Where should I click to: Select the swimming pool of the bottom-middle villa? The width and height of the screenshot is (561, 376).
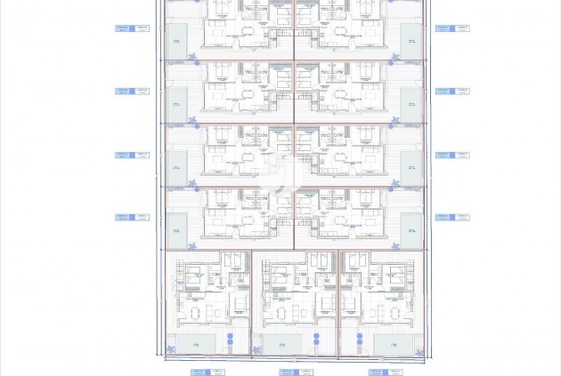click(x=282, y=343)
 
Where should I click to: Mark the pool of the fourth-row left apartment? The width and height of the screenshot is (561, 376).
click(x=176, y=227)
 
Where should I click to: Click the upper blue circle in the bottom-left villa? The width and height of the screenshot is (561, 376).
click(x=229, y=336)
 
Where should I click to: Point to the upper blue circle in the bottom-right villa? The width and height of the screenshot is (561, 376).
click(x=360, y=336)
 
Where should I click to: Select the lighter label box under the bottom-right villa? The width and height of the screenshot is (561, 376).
click(x=394, y=372)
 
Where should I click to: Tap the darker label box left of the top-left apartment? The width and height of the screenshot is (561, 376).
click(x=122, y=28)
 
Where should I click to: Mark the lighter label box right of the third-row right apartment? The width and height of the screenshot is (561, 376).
click(x=461, y=155)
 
